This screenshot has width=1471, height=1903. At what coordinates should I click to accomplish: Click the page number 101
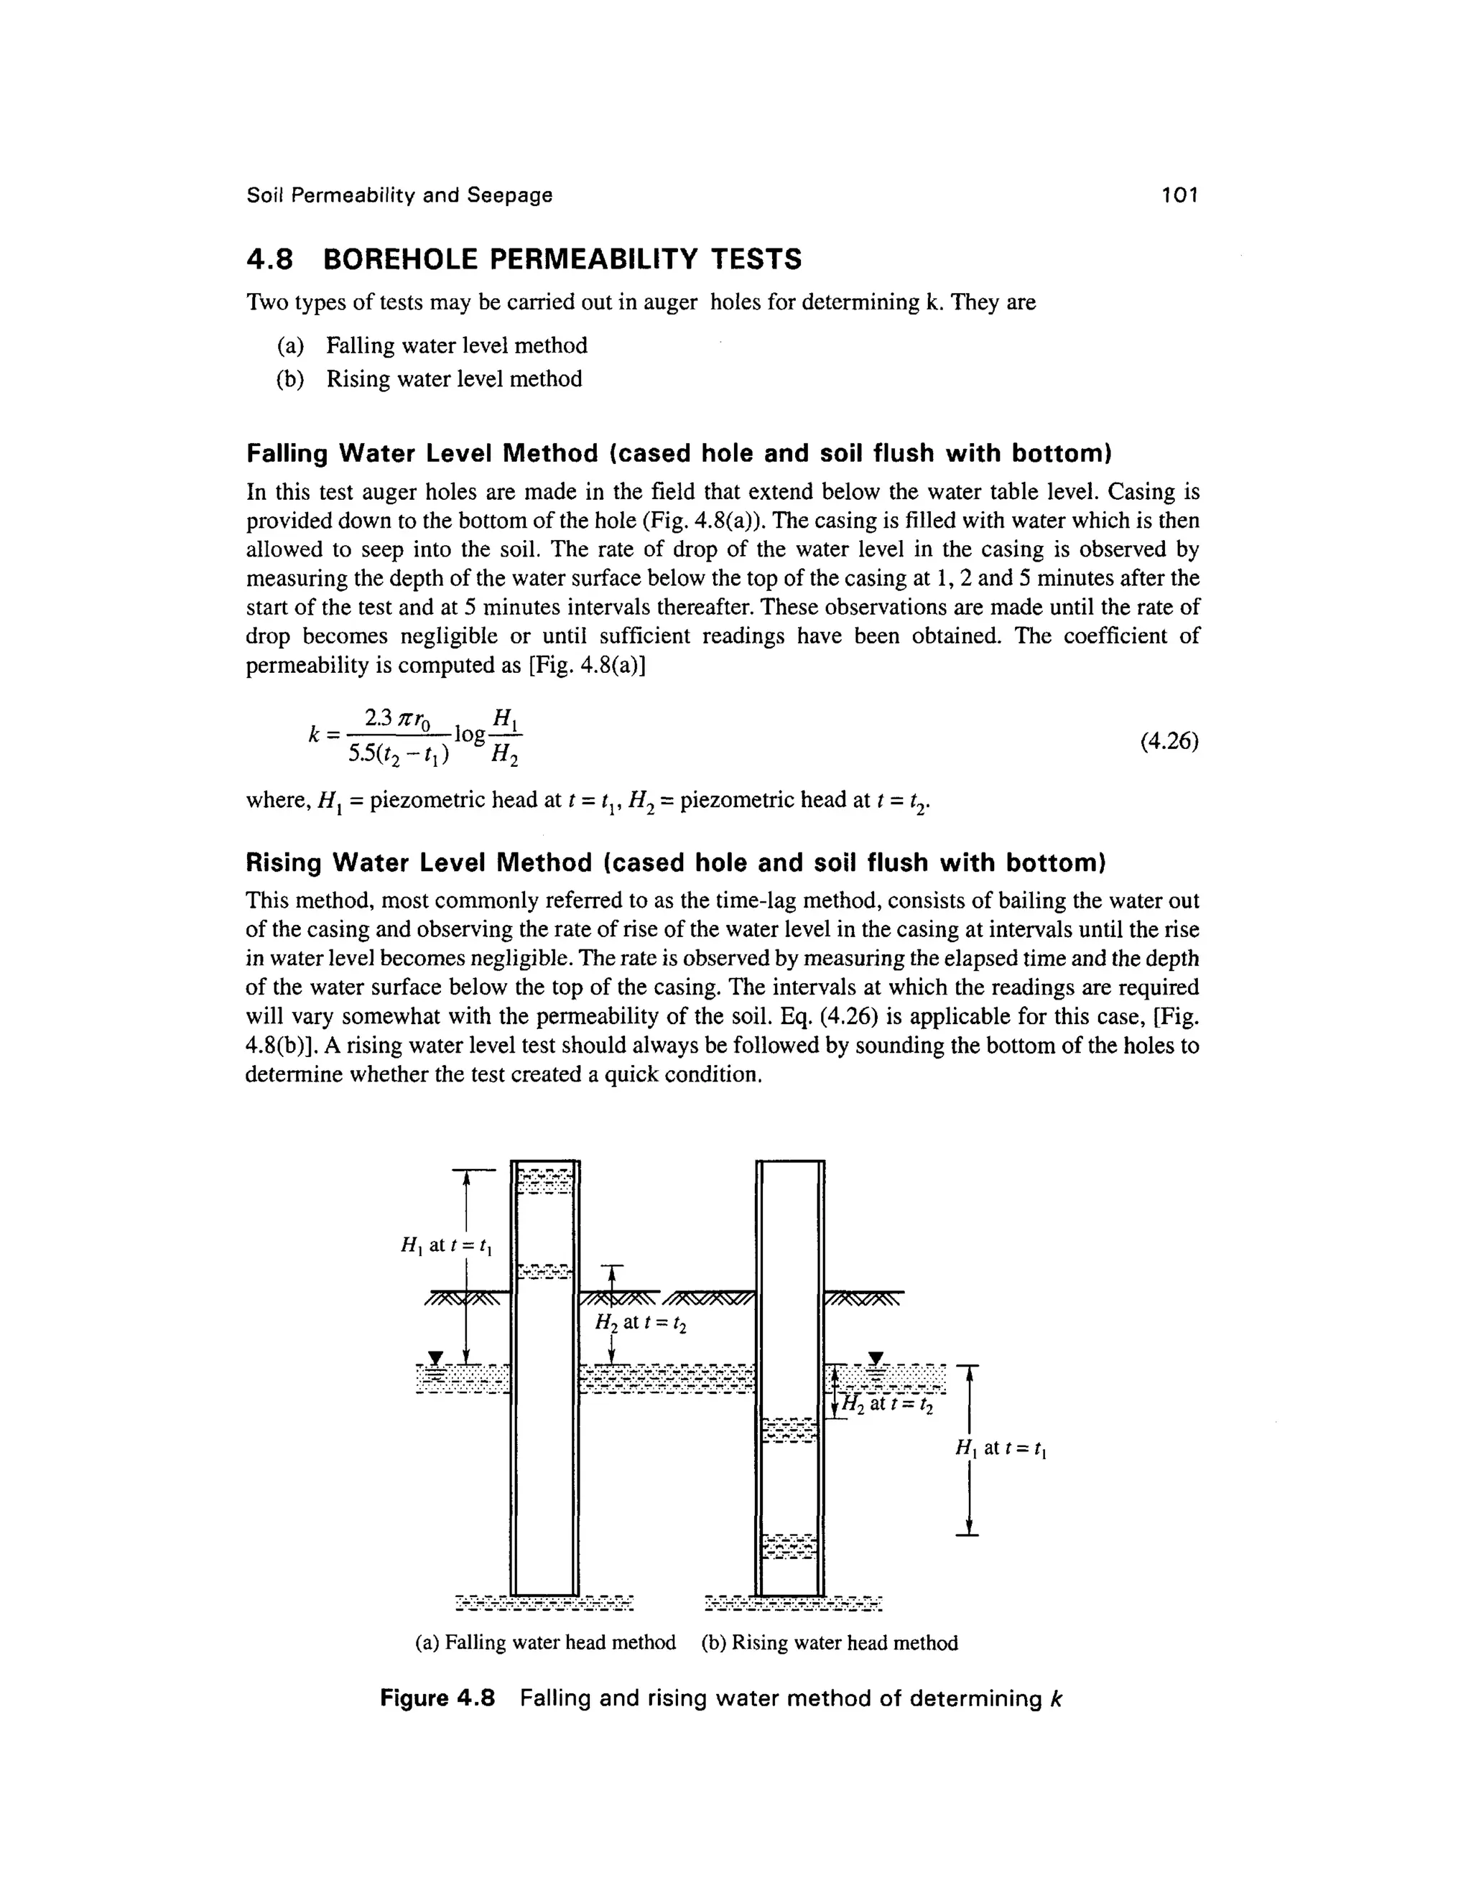(x=1180, y=195)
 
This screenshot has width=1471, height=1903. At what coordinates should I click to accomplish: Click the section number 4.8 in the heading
(x=270, y=260)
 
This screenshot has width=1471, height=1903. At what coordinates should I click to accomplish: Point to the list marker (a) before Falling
(x=290, y=346)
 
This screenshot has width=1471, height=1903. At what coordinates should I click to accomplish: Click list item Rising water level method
(x=453, y=379)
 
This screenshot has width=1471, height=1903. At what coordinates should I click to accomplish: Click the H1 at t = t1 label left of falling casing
(x=446, y=1246)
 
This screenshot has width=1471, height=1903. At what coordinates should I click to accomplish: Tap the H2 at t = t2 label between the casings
(x=641, y=1323)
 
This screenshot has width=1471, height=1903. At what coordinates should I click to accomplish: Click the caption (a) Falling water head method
(x=546, y=1642)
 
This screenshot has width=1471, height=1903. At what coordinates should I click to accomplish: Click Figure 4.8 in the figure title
(x=437, y=1698)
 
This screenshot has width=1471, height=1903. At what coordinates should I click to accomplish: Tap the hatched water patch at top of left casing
(x=546, y=1180)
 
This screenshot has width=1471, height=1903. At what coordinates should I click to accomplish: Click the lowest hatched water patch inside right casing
(x=789, y=1546)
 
